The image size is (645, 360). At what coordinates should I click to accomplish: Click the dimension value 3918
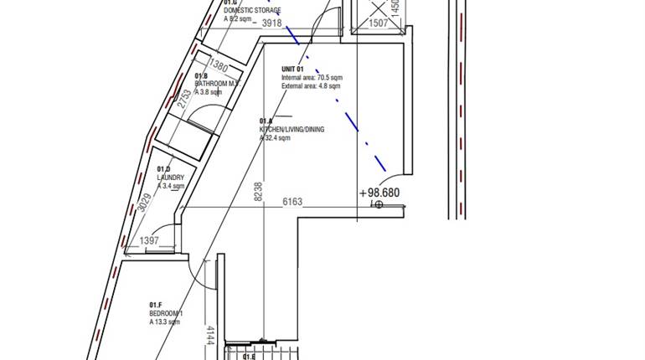[x=271, y=23]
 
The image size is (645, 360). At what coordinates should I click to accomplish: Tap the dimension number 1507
[x=379, y=23]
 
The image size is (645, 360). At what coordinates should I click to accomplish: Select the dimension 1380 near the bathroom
[x=218, y=66]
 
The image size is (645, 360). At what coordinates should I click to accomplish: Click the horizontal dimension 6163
[x=292, y=202]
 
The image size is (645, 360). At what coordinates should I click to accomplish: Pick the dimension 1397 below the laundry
[x=149, y=241]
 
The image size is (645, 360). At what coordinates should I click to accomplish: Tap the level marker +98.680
[x=379, y=193]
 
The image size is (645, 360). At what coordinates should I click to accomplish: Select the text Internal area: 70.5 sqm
[x=312, y=78]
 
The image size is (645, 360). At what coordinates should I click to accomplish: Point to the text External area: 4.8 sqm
[x=312, y=85]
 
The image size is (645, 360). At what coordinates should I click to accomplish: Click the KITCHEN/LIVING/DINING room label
[x=292, y=130]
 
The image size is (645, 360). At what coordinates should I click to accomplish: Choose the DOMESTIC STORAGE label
[x=252, y=10]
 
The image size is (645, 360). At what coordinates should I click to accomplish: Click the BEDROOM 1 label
[x=166, y=313]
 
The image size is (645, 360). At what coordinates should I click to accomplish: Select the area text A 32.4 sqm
[x=275, y=138]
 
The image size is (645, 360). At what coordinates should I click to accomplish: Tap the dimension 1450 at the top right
[x=396, y=10]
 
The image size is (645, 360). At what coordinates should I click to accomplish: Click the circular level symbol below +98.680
[x=379, y=204]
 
